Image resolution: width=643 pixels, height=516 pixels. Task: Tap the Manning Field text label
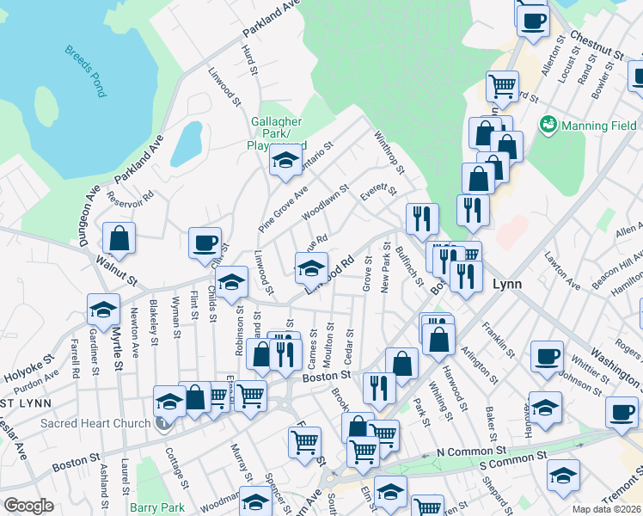[x=599, y=126]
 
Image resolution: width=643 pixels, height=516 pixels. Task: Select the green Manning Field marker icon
[x=547, y=126]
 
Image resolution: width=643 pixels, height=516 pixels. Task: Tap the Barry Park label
[x=157, y=507]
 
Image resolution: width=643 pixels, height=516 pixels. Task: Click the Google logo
[x=28, y=506]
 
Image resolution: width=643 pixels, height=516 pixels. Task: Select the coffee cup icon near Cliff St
[x=205, y=243]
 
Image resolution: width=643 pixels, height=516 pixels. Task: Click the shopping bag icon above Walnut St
[x=119, y=239]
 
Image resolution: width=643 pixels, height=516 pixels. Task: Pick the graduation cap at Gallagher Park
[x=285, y=159]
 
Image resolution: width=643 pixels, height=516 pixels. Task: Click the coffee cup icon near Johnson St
[x=547, y=356]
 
